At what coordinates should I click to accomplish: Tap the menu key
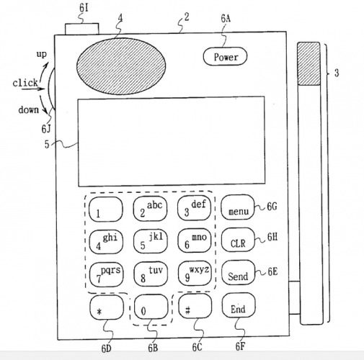pyautogui.click(x=238, y=207)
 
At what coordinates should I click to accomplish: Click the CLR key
pyautogui.click(x=238, y=240)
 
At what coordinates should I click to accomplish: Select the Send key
pyautogui.click(x=238, y=273)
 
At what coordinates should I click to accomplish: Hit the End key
pyautogui.click(x=239, y=305)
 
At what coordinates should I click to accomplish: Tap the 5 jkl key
pyautogui.click(x=151, y=241)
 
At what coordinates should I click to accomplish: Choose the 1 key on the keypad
pyautogui.click(x=106, y=210)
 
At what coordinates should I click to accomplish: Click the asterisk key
pyautogui.click(x=107, y=307)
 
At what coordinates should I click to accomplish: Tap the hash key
pyautogui.click(x=195, y=306)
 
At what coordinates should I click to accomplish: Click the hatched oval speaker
pyautogui.click(x=121, y=66)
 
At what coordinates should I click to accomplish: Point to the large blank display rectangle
pyautogui.click(x=172, y=141)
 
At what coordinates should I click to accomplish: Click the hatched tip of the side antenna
pyautogui.click(x=308, y=63)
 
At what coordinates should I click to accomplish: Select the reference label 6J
pyautogui.click(x=46, y=129)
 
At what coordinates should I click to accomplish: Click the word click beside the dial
pyautogui.click(x=25, y=83)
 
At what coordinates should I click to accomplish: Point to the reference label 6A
pyautogui.click(x=226, y=19)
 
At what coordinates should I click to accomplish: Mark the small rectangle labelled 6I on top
pyautogui.click(x=81, y=29)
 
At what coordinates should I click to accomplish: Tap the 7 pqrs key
pyautogui.click(x=106, y=274)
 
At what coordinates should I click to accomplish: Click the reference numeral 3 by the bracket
pyautogui.click(x=337, y=73)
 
